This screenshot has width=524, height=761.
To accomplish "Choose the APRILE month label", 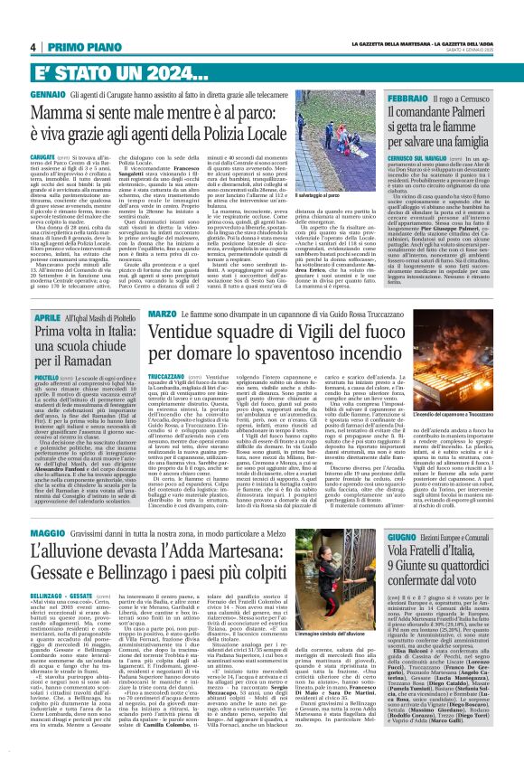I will coord(42,317).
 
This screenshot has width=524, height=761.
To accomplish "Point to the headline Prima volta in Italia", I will coord(77,343).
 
